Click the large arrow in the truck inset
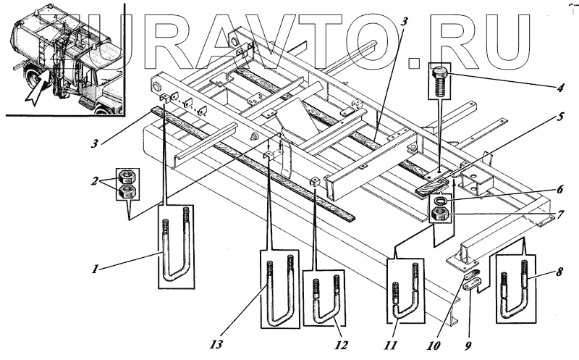click(35, 88)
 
